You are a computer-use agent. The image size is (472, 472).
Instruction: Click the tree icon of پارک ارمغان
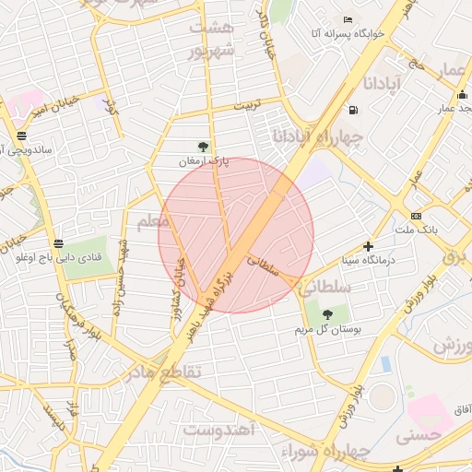[203, 146]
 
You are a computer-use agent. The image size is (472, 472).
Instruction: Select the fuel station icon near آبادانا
[353, 111]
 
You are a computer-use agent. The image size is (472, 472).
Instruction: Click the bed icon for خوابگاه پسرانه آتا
[348, 19]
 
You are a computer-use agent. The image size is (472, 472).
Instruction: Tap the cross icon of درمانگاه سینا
[369, 246]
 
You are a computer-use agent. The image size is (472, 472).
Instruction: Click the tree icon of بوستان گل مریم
[327, 315]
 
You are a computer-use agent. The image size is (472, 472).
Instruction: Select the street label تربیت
[246, 106]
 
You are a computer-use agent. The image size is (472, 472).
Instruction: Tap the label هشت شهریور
[212, 39]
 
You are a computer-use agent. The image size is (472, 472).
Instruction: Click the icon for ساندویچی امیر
[21, 136]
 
